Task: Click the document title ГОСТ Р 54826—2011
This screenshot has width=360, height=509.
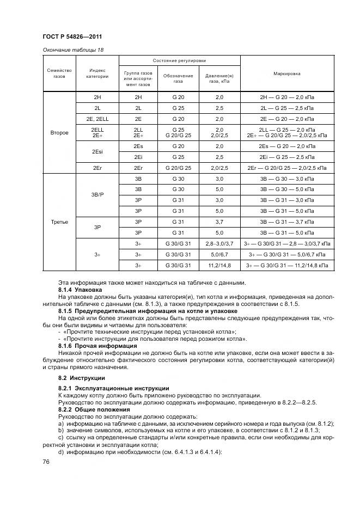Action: (73, 36)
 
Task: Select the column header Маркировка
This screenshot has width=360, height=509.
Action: (287, 73)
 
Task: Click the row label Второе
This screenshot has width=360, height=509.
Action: (59, 132)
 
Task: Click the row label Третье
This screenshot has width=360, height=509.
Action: (59, 222)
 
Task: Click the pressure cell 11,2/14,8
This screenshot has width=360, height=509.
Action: (219, 265)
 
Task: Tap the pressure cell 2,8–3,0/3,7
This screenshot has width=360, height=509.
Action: (219, 243)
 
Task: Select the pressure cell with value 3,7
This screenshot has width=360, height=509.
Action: (219, 222)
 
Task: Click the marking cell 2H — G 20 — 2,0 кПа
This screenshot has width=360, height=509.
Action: (287, 97)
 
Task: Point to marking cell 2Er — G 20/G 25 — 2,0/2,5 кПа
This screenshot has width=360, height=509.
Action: (287, 168)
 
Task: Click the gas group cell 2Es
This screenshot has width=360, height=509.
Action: (138, 146)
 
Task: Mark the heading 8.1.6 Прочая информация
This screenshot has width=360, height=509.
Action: (97, 346)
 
